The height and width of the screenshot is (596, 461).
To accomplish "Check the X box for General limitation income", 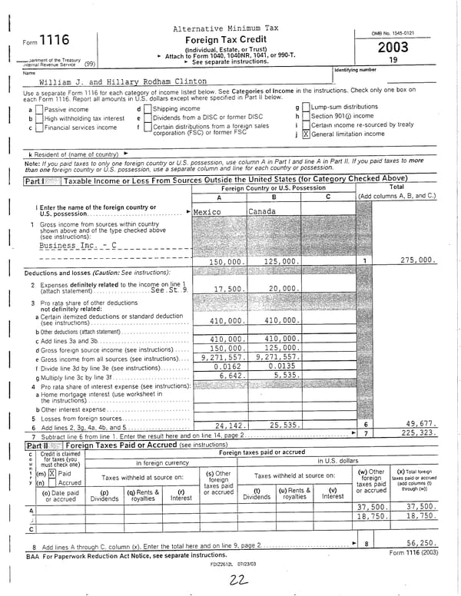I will click(306, 134).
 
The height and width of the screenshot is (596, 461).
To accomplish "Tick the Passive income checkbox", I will click(39, 109).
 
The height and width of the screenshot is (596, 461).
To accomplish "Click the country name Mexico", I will click(207, 211).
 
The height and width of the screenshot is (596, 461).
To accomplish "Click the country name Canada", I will click(262, 211).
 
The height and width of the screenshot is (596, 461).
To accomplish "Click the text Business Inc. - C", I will click(78, 245).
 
